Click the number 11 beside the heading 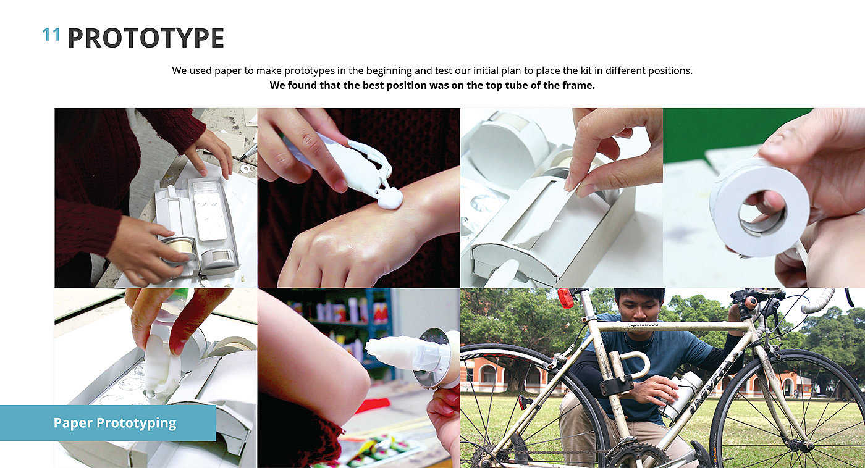[51, 35]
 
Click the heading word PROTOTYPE [146, 38]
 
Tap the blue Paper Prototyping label [108, 423]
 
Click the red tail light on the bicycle [565, 298]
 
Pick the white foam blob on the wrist [390, 200]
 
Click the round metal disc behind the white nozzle [433, 357]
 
